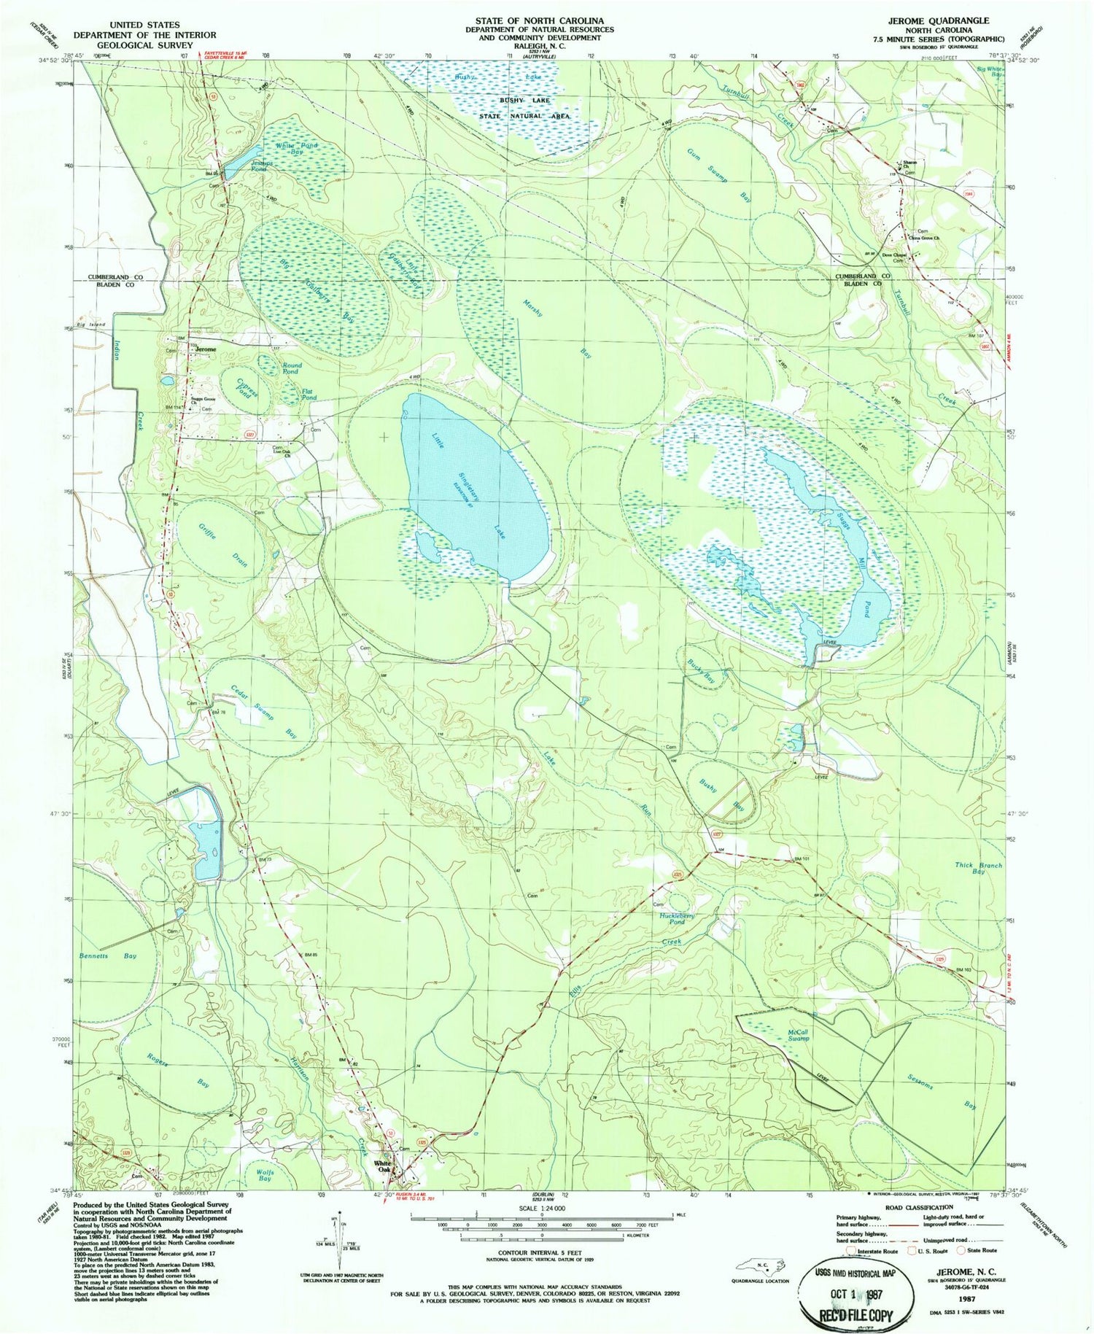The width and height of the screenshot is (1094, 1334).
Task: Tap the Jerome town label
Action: (205, 349)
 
